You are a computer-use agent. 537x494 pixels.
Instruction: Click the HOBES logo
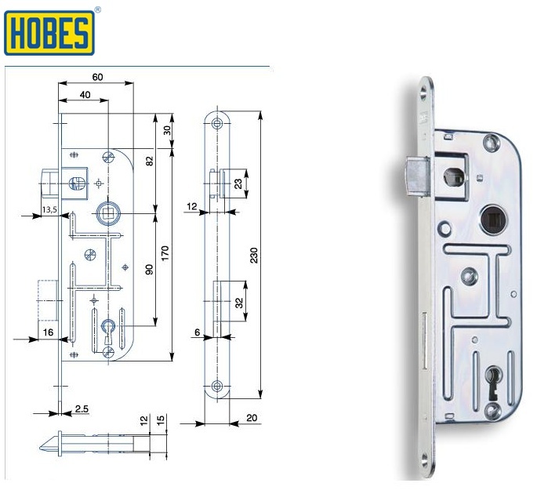[50, 31]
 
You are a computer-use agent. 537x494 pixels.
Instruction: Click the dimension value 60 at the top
[98, 77]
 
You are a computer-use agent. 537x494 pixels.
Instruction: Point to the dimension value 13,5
[49, 209]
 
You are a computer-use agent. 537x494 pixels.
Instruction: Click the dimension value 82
[148, 161]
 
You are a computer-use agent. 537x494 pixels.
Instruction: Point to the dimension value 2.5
[82, 408]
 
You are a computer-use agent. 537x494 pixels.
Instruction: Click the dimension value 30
[166, 130]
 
